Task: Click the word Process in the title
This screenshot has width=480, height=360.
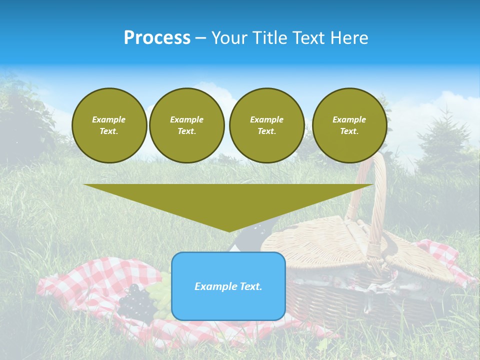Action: pyautogui.click(x=157, y=38)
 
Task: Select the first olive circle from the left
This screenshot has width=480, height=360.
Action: pyautogui.click(x=109, y=125)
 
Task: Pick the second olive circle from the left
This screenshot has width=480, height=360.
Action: pyautogui.click(x=187, y=125)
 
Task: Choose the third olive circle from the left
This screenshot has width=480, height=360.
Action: pyautogui.click(x=266, y=125)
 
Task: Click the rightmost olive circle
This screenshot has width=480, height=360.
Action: pyautogui.click(x=349, y=125)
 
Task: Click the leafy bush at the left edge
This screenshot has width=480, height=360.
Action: pyautogui.click(x=25, y=120)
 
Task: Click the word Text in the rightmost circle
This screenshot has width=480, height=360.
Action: pyautogui.click(x=349, y=131)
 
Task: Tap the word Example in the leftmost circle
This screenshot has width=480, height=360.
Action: pyautogui.click(x=109, y=119)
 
